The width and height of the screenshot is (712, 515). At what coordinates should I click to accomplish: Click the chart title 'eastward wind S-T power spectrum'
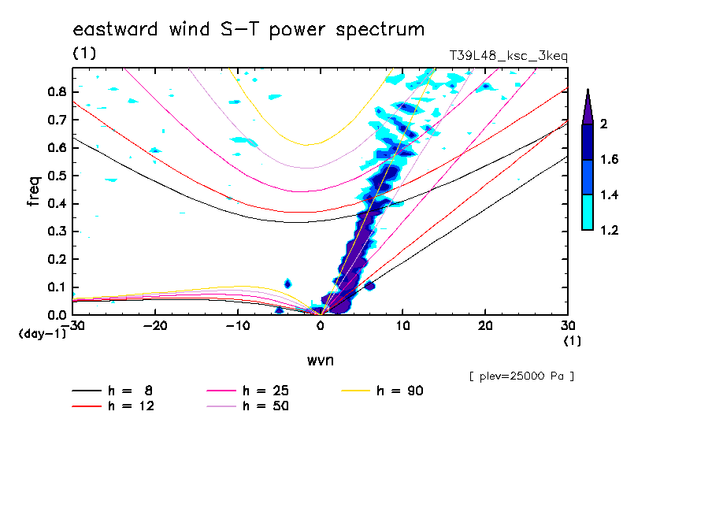pos(249,30)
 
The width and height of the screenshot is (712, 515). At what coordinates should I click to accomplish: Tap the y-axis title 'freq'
pos(34,191)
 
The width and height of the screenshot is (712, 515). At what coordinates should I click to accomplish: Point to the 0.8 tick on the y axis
pos(55,91)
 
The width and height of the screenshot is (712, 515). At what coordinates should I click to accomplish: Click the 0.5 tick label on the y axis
pos(55,176)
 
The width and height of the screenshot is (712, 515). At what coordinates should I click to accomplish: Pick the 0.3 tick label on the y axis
pos(55,232)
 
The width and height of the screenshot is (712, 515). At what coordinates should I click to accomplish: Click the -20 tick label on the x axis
pos(155,326)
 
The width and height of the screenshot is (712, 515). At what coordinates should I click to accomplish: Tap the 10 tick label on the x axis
pos(402,326)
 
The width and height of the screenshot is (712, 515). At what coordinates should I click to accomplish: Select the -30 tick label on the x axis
pos(72,326)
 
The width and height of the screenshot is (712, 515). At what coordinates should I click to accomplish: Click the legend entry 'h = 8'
pos(116,391)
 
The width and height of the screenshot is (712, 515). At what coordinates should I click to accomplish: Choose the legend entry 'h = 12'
pos(116,406)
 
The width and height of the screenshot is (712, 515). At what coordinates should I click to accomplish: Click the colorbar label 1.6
pos(610,160)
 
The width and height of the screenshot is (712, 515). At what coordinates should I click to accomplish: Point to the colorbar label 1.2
pos(610,230)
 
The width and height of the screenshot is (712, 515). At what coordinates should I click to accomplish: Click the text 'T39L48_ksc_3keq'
pos(508,56)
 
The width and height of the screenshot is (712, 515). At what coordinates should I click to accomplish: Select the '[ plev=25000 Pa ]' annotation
pos(521,376)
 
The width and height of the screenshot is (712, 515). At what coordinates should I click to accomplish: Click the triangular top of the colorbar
pos(588,106)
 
